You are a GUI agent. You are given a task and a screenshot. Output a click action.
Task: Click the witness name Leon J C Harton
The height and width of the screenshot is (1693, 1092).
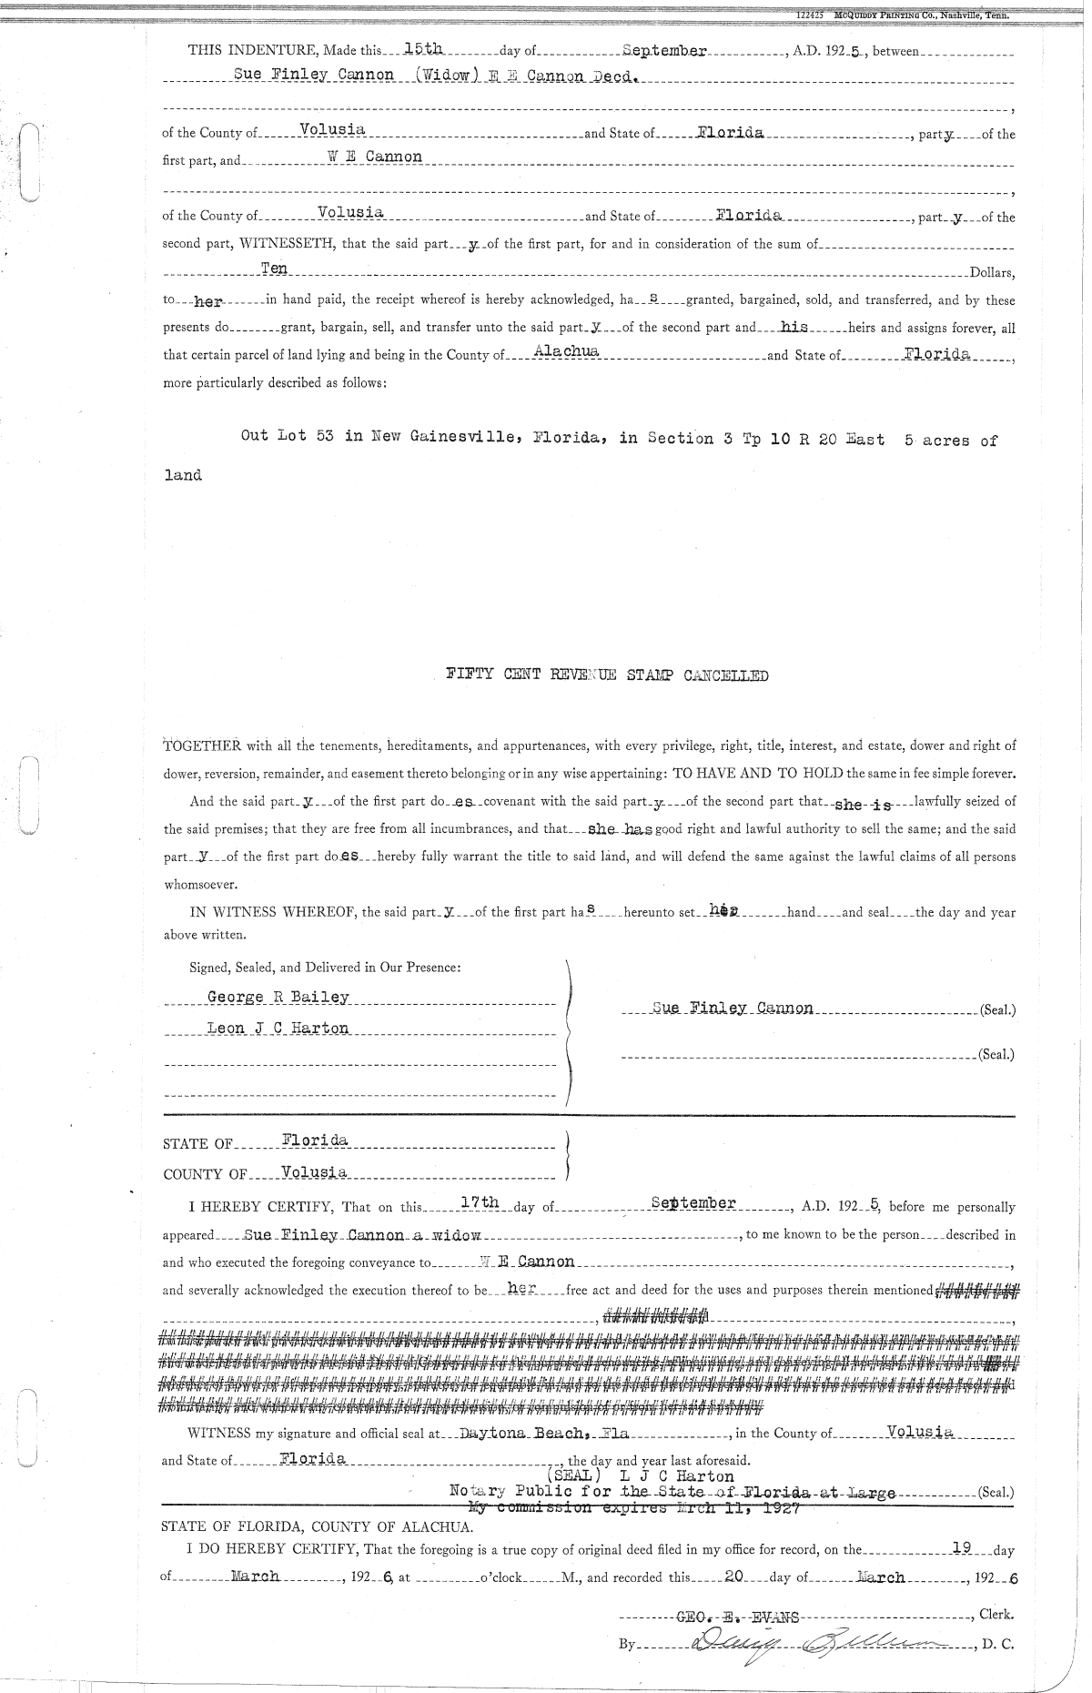(x=278, y=1029)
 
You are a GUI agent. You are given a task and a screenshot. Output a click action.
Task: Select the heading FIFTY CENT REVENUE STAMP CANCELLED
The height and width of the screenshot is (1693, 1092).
(x=606, y=675)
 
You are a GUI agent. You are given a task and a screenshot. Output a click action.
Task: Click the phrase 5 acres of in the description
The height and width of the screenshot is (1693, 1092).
(x=951, y=441)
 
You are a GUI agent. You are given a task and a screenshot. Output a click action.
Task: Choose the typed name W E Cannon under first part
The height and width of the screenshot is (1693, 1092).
(x=375, y=157)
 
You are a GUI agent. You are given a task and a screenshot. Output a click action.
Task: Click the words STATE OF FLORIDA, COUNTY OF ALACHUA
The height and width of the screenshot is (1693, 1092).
(x=317, y=1526)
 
